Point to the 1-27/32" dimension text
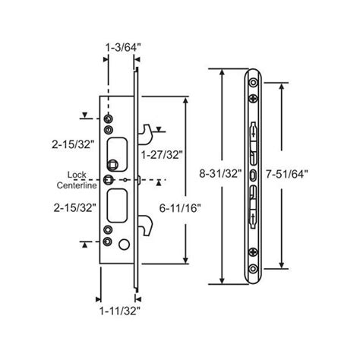(160, 155)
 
